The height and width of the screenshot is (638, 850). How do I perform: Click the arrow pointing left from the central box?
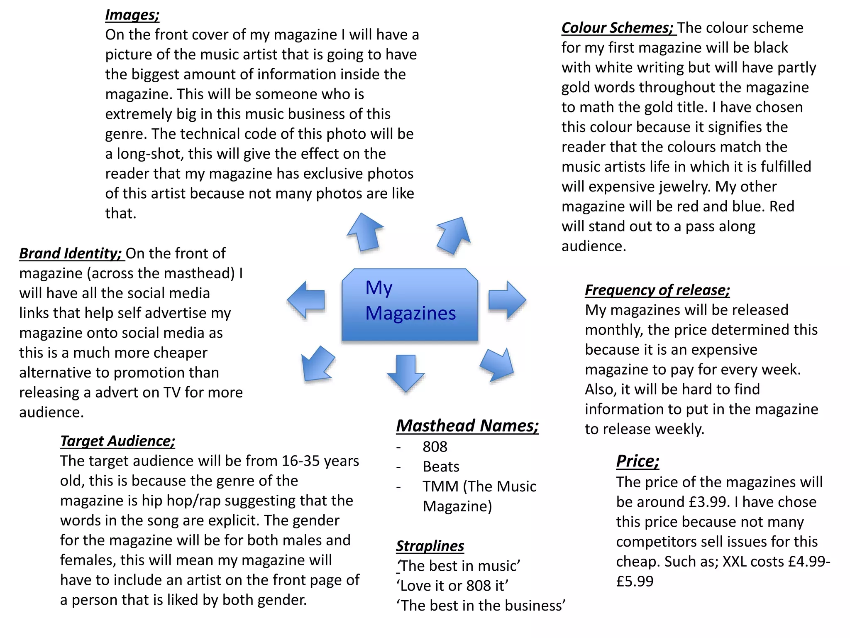click(x=306, y=299)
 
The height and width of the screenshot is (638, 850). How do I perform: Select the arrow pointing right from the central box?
click(x=507, y=299)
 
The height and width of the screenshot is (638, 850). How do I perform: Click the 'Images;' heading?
click(x=132, y=15)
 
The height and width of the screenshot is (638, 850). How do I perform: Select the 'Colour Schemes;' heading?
click(x=617, y=28)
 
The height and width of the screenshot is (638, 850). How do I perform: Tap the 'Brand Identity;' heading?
click(x=71, y=253)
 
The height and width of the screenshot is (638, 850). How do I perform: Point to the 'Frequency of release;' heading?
click(x=657, y=290)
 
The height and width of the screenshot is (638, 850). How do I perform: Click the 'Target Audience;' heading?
click(x=117, y=441)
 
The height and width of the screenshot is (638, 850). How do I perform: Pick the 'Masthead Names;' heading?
click(x=467, y=426)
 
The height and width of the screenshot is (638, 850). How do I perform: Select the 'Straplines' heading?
click(x=430, y=546)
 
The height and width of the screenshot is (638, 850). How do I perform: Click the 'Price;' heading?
click(x=637, y=461)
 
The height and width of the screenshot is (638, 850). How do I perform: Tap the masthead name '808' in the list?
click(x=435, y=447)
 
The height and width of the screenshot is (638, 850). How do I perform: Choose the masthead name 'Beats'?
click(x=441, y=467)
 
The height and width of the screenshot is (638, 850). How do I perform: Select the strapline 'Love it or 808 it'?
click(x=452, y=586)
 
